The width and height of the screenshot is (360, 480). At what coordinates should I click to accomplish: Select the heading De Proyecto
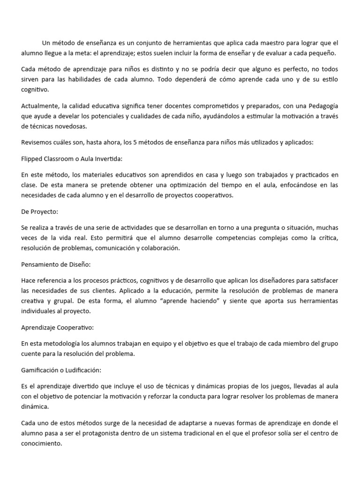click(x=39, y=211)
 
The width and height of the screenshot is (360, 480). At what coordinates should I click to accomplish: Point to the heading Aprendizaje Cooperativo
click(x=58, y=328)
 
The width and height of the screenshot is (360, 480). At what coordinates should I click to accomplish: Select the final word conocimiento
click(x=42, y=442)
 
